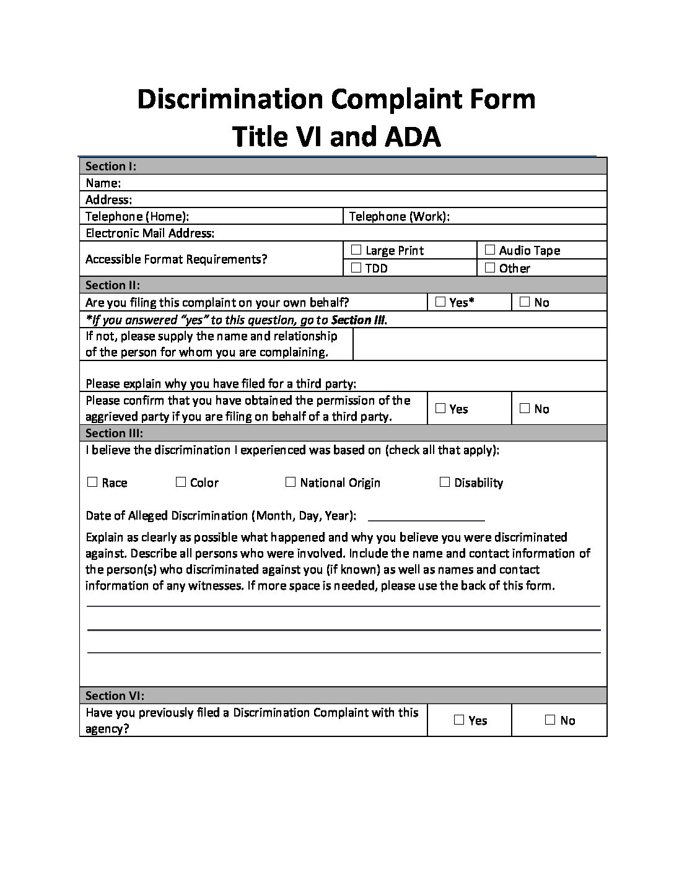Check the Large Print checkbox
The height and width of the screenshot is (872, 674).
click(x=356, y=250)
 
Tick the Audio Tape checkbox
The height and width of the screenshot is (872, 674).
click(x=490, y=250)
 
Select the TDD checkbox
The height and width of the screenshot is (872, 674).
click(x=356, y=268)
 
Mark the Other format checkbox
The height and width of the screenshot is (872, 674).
click(x=490, y=268)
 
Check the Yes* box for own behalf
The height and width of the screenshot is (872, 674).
click(x=440, y=302)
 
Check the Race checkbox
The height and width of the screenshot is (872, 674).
click(x=92, y=482)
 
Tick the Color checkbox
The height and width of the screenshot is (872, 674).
click(x=181, y=482)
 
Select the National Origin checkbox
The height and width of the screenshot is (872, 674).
click(x=291, y=482)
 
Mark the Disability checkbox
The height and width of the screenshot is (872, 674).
click(x=445, y=482)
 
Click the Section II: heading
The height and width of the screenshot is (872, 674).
click(x=113, y=285)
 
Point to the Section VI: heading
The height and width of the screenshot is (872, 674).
click(x=115, y=695)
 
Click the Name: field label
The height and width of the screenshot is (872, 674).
click(x=103, y=183)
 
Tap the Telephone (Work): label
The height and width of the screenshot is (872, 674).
click(x=400, y=216)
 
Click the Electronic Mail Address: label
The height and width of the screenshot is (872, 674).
click(x=150, y=233)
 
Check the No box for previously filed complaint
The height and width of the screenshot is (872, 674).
click(x=550, y=720)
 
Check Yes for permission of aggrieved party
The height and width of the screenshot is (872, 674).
click(x=440, y=409)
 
